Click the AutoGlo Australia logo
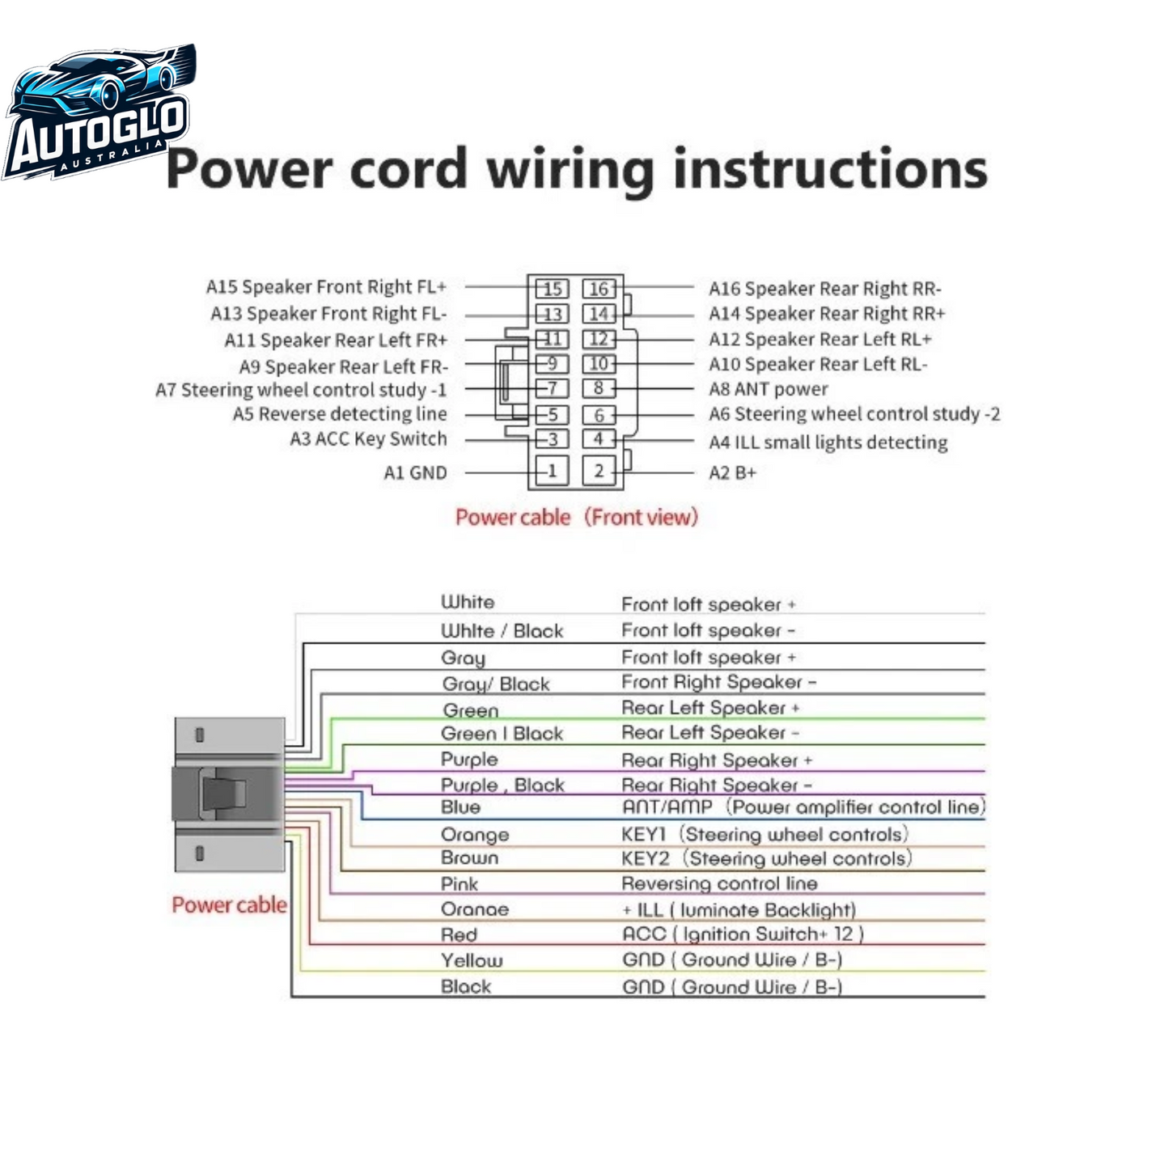coord(99,112)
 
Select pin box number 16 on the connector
coord(599,289)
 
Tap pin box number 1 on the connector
coord(552,471)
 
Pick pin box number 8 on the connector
coord(599,388)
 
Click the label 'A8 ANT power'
coord(768,389)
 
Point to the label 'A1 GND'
coord(416,472)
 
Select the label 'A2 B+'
coord(732,472)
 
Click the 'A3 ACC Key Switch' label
coord(368,438)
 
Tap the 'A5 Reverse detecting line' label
coord(340,413)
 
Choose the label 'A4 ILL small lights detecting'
coord(828,443)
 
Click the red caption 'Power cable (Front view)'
coord(577,518)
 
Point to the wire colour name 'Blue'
coord(460,807)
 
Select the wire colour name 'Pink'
coord(460,884)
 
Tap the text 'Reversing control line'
coord(719,883)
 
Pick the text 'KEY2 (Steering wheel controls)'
coord(767,858)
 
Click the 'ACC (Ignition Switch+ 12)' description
coord(743,934)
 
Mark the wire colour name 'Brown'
coord(469,858)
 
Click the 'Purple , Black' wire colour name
coord(503,785)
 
